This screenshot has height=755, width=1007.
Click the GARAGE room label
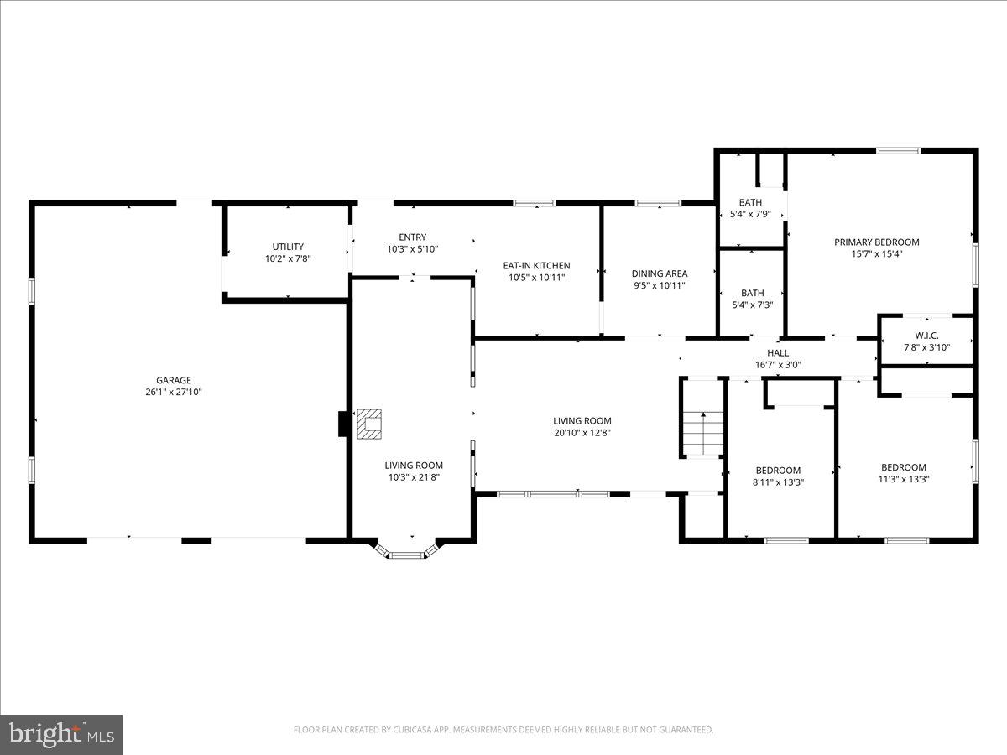coord(173,380)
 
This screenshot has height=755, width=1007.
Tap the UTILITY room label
coord(288,247)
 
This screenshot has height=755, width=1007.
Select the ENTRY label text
coord(412,237)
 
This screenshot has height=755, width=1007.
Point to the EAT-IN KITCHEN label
coord(536,266)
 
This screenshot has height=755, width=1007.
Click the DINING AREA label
coord(659,273)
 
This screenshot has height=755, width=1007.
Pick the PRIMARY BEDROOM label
coord(876,242)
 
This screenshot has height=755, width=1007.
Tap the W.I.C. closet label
coord(926,336)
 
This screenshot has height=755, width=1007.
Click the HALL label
coord(778,353)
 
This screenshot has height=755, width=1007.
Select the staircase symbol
coord(702,431)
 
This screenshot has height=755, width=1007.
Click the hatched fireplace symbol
coord(369,424)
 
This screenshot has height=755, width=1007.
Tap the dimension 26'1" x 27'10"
coord(173,392)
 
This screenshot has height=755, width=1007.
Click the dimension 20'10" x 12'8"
coord(582,433)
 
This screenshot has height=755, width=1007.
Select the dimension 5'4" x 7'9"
coord(749,214)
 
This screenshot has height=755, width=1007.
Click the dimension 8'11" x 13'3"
coord(778,482)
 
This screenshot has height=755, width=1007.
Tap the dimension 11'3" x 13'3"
coord(903,479)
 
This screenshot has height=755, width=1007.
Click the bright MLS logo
coord(61,734)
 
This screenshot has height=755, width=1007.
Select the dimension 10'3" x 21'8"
coord(414,477)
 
